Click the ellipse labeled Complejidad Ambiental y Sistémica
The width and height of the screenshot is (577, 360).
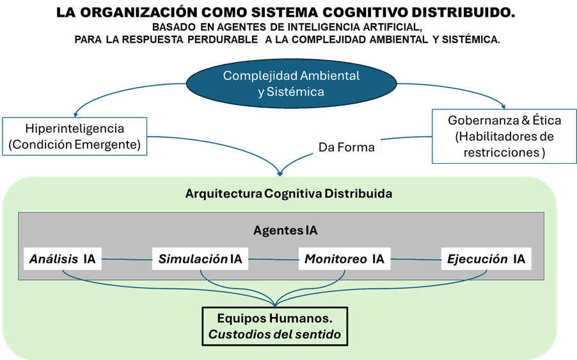(x=291, y=84)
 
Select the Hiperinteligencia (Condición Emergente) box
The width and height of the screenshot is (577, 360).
(x=74, y=136)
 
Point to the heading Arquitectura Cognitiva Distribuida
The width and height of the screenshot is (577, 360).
(x=288, y=192)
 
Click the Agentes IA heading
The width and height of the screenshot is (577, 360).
(x=285, y=230)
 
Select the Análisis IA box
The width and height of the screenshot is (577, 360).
(x=62, y=259)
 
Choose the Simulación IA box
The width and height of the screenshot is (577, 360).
(x=200, y=259)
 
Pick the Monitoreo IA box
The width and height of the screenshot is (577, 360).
(x=344, y=259)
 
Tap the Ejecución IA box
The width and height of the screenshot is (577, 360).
(x=486, y=259)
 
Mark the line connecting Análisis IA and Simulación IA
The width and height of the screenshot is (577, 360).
(x=127, y=259)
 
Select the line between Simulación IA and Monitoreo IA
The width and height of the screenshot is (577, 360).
(x=273, y=259)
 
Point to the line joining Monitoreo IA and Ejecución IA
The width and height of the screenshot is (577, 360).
(x=416, y=259)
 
